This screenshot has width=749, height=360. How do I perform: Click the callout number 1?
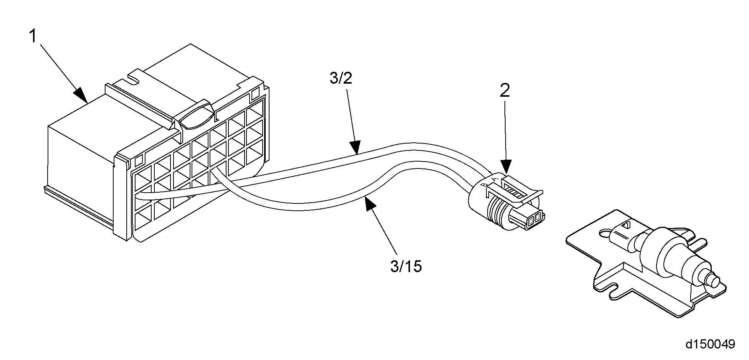tap(33, 37)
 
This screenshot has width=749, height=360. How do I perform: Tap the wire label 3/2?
tap(341, 78)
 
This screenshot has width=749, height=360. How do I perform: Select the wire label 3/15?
tap(406, 266)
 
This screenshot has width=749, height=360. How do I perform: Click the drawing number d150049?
tap(710, 343)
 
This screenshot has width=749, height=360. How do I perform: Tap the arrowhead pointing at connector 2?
tap(506, 167)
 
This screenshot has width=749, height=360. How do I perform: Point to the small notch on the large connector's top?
tap(134, 79)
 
